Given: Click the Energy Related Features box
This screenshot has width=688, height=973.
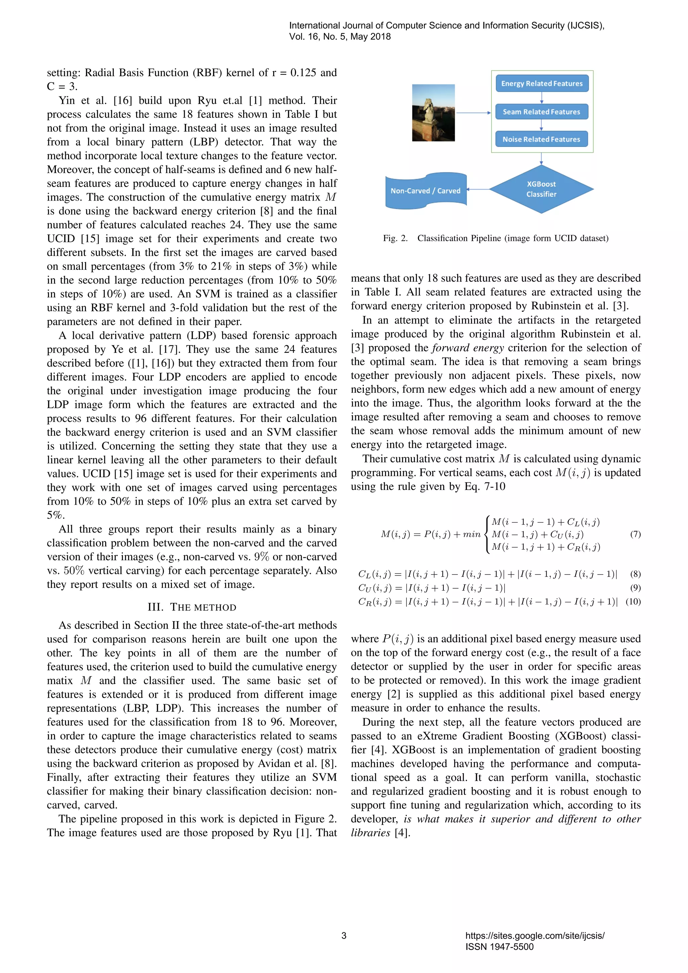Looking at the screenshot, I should click(542, 83).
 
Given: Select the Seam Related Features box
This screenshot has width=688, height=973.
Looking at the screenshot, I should click(542, 112).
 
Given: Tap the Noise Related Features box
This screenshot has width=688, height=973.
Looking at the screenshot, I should click(542, 139).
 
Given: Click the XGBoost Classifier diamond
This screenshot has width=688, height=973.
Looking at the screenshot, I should click(542, 189).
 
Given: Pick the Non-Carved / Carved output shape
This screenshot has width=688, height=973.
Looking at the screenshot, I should click(425, 191).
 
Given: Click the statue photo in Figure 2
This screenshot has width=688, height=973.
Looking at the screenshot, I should click(433, 113).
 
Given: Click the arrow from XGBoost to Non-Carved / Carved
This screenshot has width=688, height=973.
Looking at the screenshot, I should click(478, 189).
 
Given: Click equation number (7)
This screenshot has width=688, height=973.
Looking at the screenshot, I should click(635, 534).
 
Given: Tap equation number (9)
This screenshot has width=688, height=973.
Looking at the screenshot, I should click(635, 588).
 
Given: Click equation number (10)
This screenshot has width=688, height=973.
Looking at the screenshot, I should click(633, 602).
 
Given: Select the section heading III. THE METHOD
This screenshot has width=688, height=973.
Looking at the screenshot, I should click(192, 607).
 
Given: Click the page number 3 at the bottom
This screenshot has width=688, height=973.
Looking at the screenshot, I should click(344, 936).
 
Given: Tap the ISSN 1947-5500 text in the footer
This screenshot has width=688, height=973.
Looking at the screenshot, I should click(500, 947).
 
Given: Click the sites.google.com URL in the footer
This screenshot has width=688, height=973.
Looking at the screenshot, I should click(534, 936).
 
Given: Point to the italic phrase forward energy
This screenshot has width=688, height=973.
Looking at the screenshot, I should click(468, 348).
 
